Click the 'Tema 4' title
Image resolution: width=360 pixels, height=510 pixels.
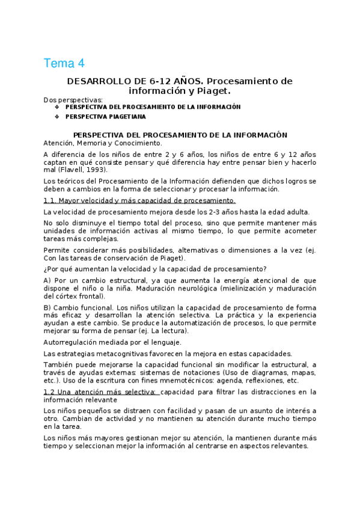point(64,63)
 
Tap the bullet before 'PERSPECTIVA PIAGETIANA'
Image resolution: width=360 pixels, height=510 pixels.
point(57,117)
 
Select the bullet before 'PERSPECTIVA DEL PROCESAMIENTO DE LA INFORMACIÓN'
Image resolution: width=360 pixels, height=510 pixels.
point(57,107)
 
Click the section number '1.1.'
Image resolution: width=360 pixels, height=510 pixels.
point(50,201)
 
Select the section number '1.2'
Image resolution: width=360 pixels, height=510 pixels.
point(50,392)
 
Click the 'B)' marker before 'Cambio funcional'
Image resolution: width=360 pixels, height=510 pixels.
point(47,307)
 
